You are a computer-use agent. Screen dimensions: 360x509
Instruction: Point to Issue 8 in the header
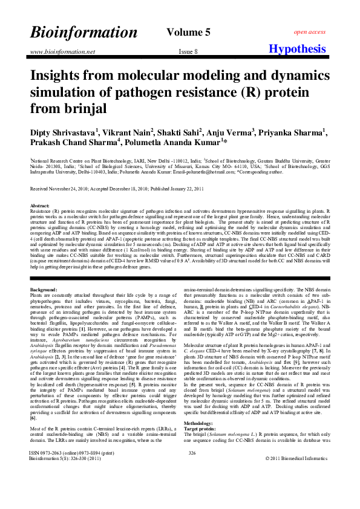[x=188, y=51]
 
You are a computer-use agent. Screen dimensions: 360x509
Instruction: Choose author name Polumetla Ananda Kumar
[x=175, y=142]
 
